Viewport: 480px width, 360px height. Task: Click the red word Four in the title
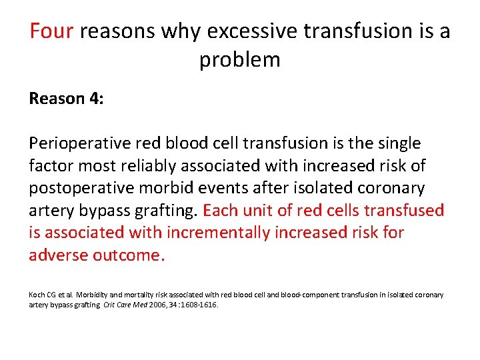pos(51,31)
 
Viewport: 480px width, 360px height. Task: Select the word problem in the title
pos(239,60)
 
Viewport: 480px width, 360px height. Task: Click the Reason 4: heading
pos(66,99)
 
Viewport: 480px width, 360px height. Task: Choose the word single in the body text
pos(397,143)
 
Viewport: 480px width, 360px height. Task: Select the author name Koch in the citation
pos(37,295)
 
